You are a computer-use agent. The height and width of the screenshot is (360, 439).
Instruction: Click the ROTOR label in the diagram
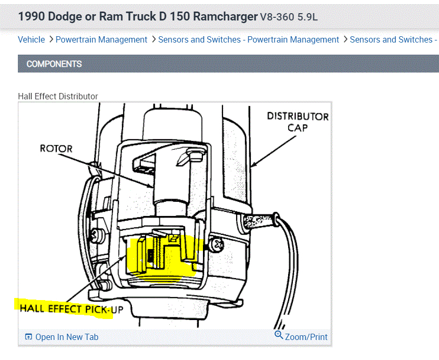pos(56,148)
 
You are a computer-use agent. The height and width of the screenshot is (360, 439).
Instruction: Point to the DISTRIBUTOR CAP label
pos(298,121)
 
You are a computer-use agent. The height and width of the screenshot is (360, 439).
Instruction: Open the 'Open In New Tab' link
pos(67,337)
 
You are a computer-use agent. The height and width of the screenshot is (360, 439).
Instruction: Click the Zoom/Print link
pos(306,337)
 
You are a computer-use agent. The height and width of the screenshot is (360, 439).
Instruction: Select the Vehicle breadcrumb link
pos(32,39)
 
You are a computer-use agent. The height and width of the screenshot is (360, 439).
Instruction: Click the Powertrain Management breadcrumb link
pos(101,39)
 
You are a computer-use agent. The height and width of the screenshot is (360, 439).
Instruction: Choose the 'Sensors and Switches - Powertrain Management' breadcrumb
pos(249,39)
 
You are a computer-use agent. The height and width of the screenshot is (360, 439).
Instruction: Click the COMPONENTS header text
pos(54,64)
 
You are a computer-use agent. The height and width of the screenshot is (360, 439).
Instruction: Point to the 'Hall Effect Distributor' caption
pos(58,96)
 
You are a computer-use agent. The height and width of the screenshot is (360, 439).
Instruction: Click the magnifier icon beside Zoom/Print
pos(279,335)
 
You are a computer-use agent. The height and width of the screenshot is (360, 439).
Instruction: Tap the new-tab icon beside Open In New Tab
pos(28,337)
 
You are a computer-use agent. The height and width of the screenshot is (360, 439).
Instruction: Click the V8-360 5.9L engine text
pos(289,17)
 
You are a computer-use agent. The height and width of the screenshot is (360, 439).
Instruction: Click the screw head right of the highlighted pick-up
pos(218,244)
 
